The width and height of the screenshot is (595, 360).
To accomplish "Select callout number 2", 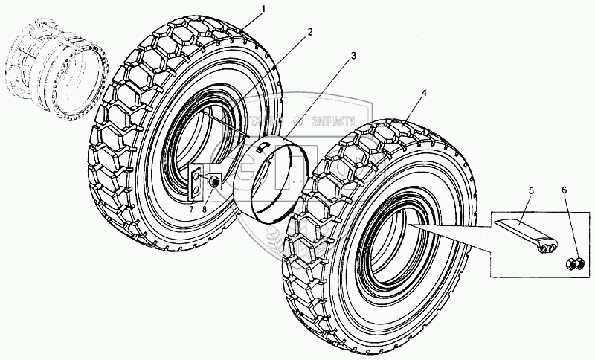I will [310, 33].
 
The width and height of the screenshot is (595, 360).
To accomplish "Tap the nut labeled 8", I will [214, 179].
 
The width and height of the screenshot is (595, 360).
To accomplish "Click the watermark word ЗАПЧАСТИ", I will [335, 122].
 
